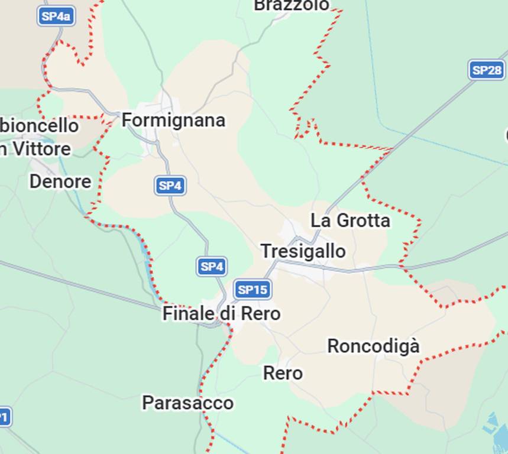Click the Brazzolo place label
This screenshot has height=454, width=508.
click(292, 5)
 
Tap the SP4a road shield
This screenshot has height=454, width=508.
click(56, 16)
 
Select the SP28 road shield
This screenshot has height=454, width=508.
click(487, 70)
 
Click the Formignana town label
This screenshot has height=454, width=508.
click(173, 121)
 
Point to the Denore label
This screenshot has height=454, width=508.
click(60, 181)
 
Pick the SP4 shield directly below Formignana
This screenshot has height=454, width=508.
click(170, 186)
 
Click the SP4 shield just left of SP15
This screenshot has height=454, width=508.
click(212, 267)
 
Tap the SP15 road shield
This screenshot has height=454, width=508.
click(253, 290)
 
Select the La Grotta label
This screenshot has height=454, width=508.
click(350, 220)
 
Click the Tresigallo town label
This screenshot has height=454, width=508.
click(303, 251)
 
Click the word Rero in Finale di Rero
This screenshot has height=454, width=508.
click(261, 313)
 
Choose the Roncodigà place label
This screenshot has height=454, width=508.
click(373, 346)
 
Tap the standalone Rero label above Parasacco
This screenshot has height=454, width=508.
click(283, 374)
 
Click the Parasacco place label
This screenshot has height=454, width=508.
click(187, 403)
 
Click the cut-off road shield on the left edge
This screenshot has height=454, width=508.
click(4, 417)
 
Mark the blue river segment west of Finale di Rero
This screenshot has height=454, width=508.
click(147, 254)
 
